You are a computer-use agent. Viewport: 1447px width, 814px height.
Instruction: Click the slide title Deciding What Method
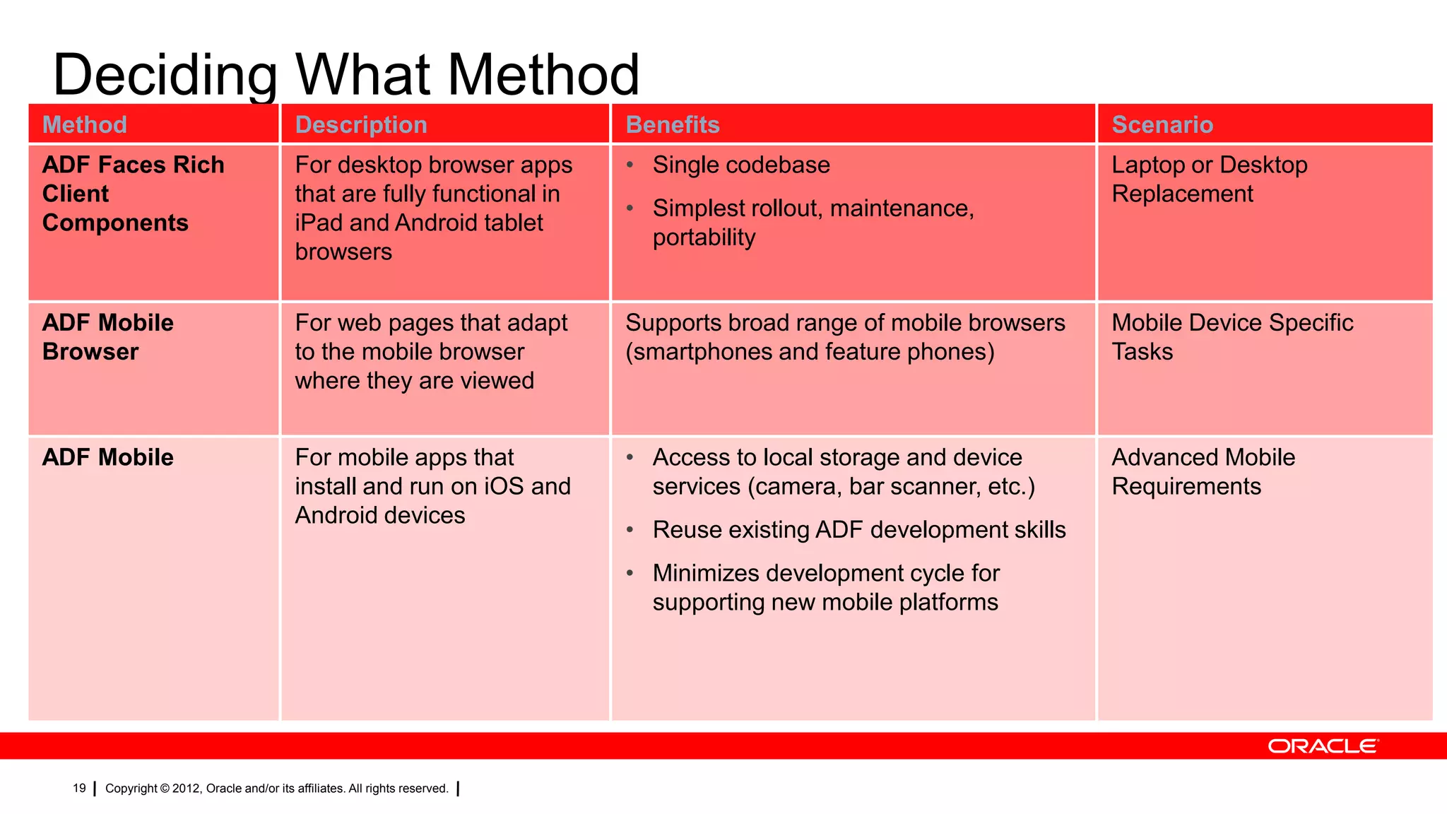[x=346, y=74]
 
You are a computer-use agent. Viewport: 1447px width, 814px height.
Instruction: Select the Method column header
[x=85, y=125]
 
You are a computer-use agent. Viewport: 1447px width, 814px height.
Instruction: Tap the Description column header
[x=361, y=125]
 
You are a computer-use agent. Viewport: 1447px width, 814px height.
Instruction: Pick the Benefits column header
[x=673, y=125]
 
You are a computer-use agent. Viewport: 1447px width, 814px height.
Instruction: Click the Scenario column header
[x=1162, y=125]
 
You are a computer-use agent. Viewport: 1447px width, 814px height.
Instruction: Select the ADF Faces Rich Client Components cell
[x=133, y=194]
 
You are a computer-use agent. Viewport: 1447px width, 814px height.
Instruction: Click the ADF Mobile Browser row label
[x=107, y=337]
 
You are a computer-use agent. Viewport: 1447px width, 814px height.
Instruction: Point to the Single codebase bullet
[x=740, y=165]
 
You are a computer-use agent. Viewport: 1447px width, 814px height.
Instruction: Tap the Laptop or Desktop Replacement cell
[x=1209, y=179]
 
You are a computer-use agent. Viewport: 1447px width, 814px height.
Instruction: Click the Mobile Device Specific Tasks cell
[x=1232, y=337]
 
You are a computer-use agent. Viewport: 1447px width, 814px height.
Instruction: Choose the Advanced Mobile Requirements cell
[x=1203, y=472]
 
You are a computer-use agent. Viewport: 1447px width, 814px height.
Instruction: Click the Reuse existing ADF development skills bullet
[x=858, y=530]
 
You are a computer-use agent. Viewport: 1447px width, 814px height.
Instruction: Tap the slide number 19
[x=79, y=789]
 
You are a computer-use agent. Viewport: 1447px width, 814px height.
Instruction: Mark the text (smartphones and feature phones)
[x=810, y=352]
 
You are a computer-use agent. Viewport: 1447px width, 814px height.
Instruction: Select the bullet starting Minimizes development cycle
[x=825, y=587]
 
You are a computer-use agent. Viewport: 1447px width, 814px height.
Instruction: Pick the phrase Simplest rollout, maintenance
[x=813, y=209]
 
